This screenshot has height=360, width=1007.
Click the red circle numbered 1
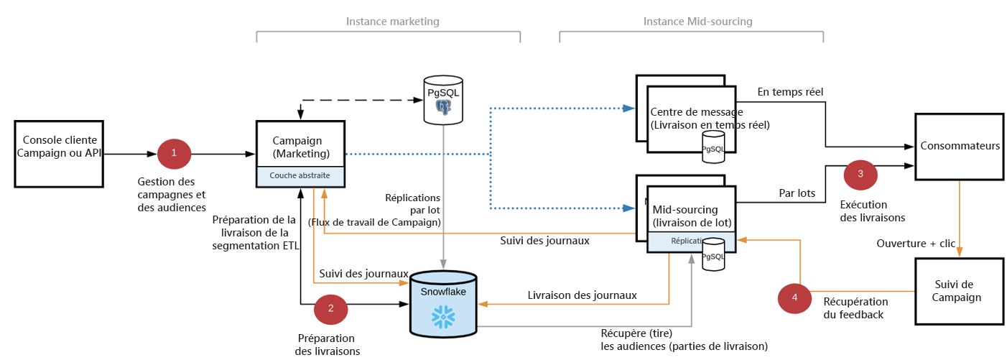coord(173,153)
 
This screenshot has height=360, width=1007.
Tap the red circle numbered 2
coord(330,308)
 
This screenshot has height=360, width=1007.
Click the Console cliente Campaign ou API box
coord(58,153)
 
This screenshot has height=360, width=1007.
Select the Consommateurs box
coord(958,147)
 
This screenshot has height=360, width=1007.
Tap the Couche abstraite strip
coord(300,175)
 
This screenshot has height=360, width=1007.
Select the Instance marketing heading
coord(392,22)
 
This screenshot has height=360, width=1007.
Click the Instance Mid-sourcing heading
coord(697,22)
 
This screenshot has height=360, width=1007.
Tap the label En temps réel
coord(790,91)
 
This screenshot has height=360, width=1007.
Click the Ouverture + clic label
coord(916,243)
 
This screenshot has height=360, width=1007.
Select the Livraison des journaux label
coord(582,295)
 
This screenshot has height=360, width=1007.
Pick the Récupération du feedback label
coord(855,308)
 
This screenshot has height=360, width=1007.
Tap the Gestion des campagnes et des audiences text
coord(172,195)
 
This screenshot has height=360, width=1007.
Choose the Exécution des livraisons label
coord(872,211)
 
